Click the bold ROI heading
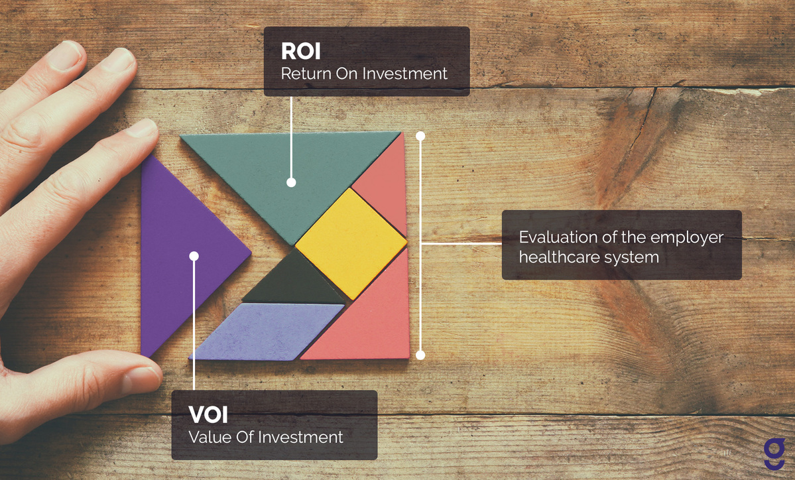pyautogui.click(x=301, y=52)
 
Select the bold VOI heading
pyautogui.click(x=208, y=416)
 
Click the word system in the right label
pyautogui.click(x=634, y=257)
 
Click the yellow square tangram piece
pyautogui.click(x=351, y=243)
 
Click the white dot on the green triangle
pyautogui.click(x=291, y=182)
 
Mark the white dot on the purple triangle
pyautogui.click(x=194, y=256)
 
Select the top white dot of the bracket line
pyautogui.click(x=420, y=136)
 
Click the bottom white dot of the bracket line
pyautogui.click(x=420, y=355)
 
